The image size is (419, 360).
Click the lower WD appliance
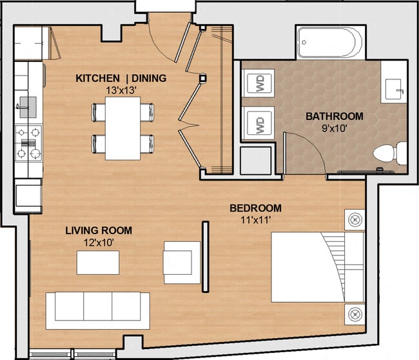[x=260, y=123]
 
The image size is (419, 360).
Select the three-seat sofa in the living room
[x=97, y=306]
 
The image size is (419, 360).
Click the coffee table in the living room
[x=97, y=261]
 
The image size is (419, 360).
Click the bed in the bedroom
[x=316, y=268]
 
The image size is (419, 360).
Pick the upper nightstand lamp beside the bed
[x=354, y=219]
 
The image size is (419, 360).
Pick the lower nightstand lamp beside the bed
[x=354, y=314]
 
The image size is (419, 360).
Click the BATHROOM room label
[x=334, y=117]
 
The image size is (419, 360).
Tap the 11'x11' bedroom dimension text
[x=256, y=219]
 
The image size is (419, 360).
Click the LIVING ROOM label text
[x=99, y=230]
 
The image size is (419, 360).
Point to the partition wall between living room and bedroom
[x=206, y=256]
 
